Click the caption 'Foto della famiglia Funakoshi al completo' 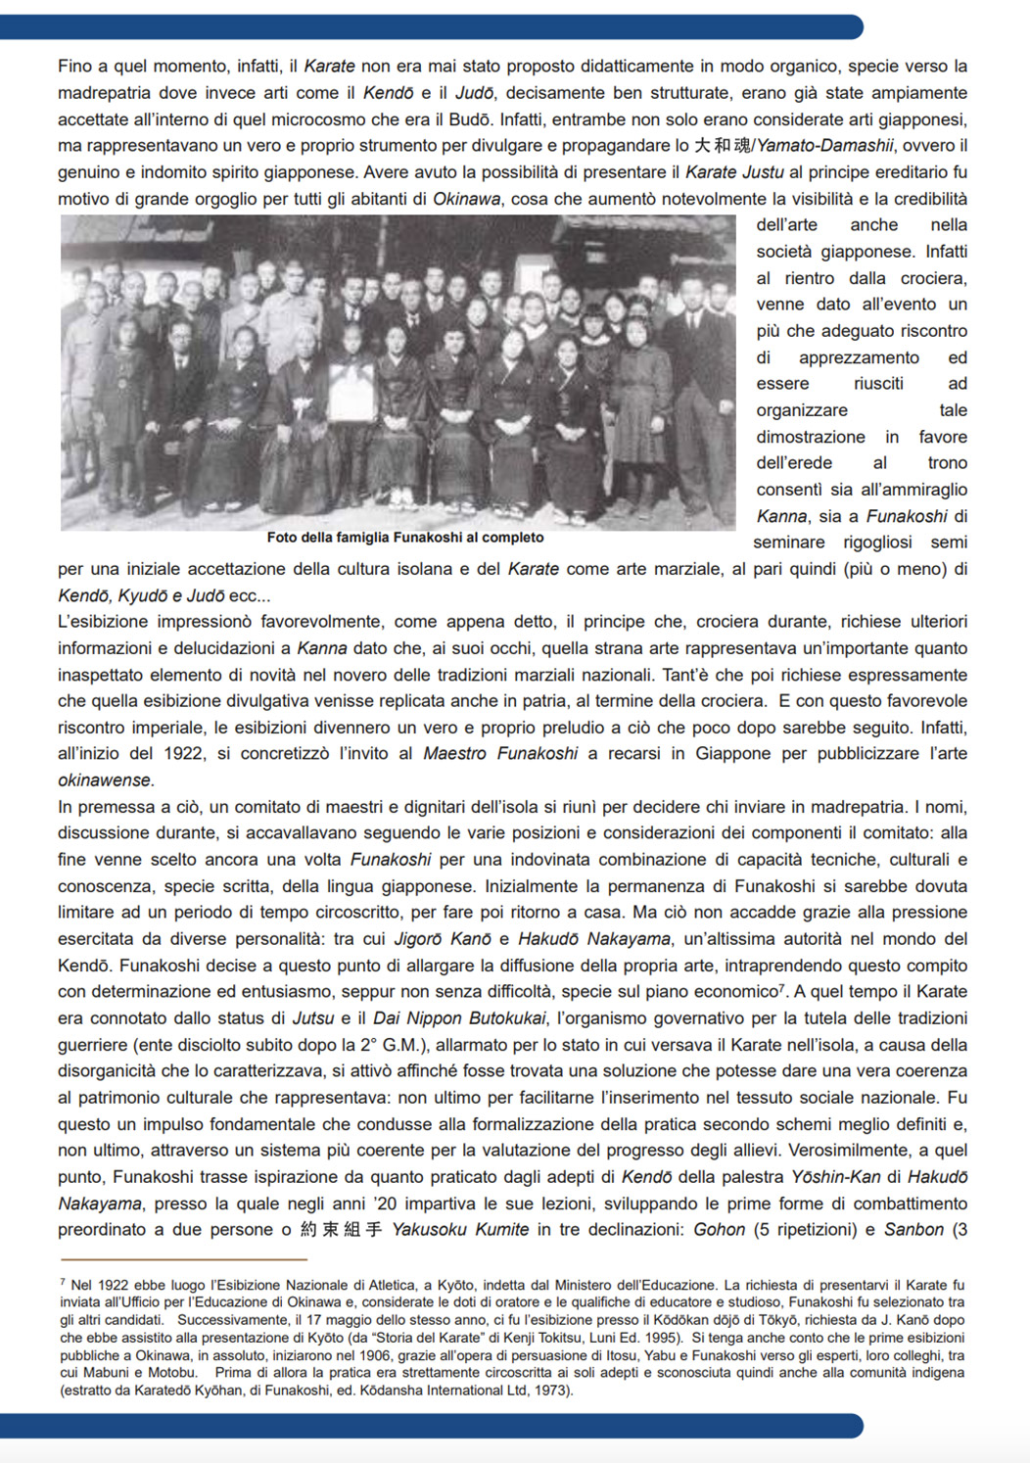click(x=404, y=538)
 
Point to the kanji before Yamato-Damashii click(x=721, y=146)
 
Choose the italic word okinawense click(x=105, y=780)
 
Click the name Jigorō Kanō click(x=442, y=939)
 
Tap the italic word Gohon click(x=719, y=1230)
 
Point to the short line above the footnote click(x=183, y=1258)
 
